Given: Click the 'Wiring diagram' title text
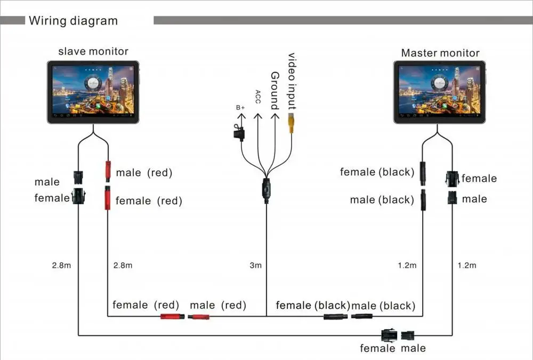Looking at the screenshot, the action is (x=73, y=21).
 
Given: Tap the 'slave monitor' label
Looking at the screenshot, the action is (x=93, y=51).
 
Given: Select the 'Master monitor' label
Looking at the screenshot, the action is (x=440, y=53).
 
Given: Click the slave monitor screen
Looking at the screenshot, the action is (x=93, y=91).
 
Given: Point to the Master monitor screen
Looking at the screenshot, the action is (x=439, y=91).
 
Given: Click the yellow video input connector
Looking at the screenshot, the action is (x=291, y=123).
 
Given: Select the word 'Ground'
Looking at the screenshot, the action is (x=274, y=91).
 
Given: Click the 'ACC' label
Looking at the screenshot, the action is (x=258, y=97).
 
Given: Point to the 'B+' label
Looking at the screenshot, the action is (x=240, y=107).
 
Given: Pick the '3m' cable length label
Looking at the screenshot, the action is (x=256, y=265).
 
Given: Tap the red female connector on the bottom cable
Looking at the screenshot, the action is (x=172, y=316).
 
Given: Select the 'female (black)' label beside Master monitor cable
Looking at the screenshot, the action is (x=377, y=172).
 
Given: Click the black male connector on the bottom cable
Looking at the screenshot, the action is (x=361, y=316).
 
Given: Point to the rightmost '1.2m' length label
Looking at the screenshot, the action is (x=466, y=265).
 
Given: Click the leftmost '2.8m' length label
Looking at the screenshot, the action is (x=61, y=265).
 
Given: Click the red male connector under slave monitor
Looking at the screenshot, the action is (x=107, y=170).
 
